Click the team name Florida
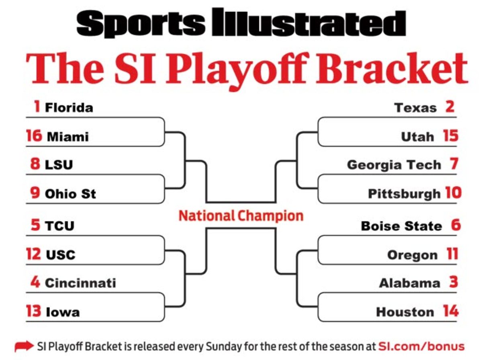point(69,108)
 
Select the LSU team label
point(59,165)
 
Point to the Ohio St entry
point(70,194)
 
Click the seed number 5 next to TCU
point(35,225)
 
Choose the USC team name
point(60,255)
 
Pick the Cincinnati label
point(80,283)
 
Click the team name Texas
point(415,108)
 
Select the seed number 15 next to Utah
point(451,136)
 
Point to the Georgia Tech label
point(394,165)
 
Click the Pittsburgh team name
point(404,194)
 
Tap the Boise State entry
point(401,225)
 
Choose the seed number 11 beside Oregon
point(452,254)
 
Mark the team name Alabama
point(409,283)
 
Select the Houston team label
point(405,312)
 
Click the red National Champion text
point(241,216)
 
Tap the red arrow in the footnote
point(24,346)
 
